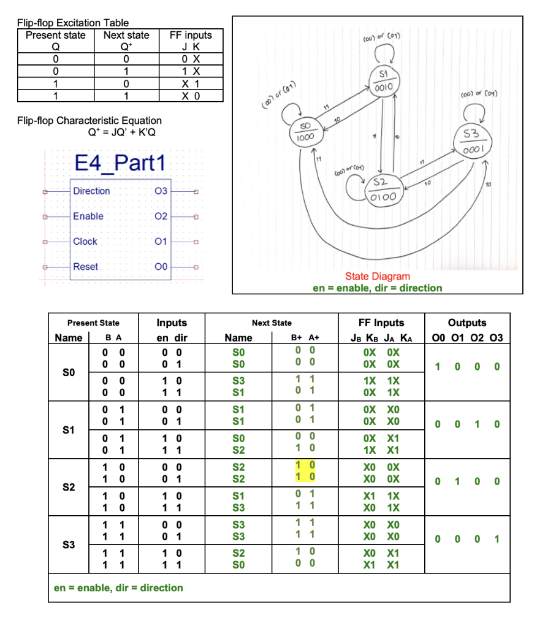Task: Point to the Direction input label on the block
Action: (x=91, y=191)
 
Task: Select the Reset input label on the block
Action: (x=85, y=266)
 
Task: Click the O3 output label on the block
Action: (x=161, y=191)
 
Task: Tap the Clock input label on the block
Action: (x=85, y=241)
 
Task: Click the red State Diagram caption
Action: (x=377, y=277)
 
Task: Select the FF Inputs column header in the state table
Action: (x=381, y=323)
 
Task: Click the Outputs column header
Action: (x=467, y=323)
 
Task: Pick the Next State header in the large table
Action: (x=272, y=323)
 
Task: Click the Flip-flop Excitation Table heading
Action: (x=73, y=23)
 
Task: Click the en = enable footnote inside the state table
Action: (x=118, y=588)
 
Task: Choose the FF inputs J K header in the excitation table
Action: (x=191, y=40)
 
